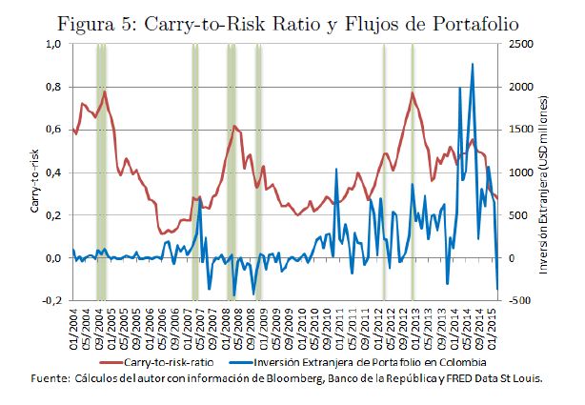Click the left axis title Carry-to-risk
[x=33, y=172]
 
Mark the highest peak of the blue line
[x=473, y=64]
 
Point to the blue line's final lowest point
[x=498, y=289]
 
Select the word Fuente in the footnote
[x=53, y=380]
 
